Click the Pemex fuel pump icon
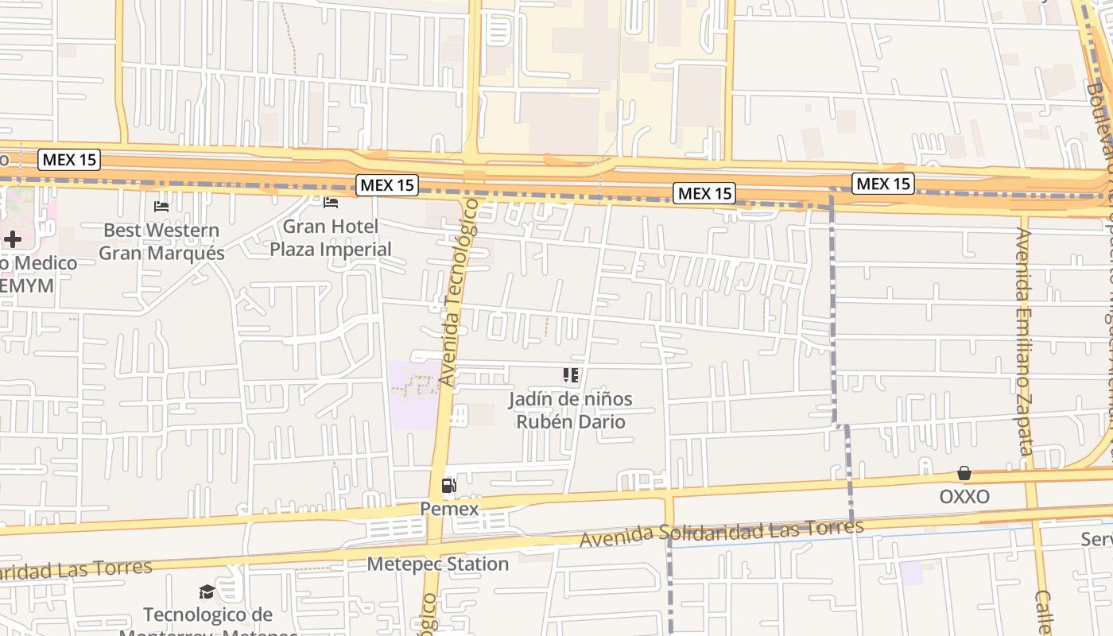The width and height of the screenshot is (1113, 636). pyautogui.click(x=448, y=485)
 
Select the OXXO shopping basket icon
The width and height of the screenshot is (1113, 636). pyautogui.click(x=964, y=474)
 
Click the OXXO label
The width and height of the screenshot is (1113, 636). pyautogui.click(x=964, y=497)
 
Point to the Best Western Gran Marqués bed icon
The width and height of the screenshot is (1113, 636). pyautogui.click(x=161, y=207)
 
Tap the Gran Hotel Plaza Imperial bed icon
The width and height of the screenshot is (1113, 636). pyautogui.click(x=331, y=203)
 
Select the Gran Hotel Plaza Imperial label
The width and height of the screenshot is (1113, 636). pyautogui.click(x=331, y=238)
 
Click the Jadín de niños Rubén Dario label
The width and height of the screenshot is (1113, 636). pyautogui.click(x=571, y=409)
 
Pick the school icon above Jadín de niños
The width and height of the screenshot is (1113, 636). pyautogui.click(x=570, y=374)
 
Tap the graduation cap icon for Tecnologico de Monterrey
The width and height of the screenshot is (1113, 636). pyautogui.click(x=207, y=591)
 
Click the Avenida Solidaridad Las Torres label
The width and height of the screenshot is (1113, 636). pyautogui.click(x=721, y=533)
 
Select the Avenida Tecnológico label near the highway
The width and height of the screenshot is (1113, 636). pyautogui.click(x=460, y=293)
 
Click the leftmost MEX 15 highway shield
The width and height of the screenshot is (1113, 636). pyautogui.click(x=70, y=160)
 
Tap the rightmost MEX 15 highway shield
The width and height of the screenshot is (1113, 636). pyautogui.click(x=882, y=184)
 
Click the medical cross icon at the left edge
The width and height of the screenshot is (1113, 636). pyautogui.click(x=12, y=238)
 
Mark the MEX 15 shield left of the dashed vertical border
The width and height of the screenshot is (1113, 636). pyautogui.click(x=704, y=193)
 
